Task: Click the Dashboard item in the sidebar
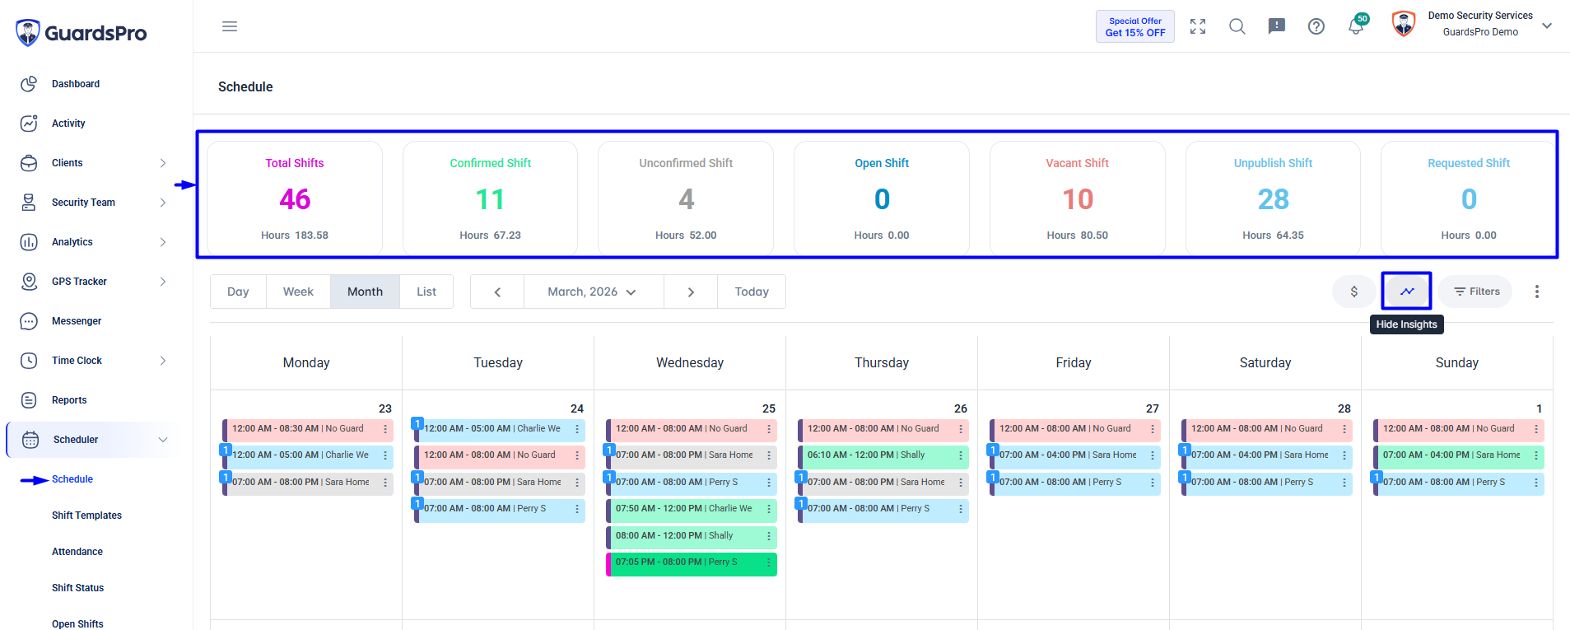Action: [x=75, y=84]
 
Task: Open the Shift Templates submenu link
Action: [x=86, y=516]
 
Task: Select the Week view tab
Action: [x=298, y=292]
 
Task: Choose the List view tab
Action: [x=426, y=292]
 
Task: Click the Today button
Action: [x=752, y=292]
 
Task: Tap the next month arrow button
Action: [x=691, y=292]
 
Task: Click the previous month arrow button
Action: [x=497, y=292]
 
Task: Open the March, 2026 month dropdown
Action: [x=593, y=292]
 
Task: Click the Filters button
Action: [x=1476, y=292]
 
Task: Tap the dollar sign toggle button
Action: [x=1354, y=292]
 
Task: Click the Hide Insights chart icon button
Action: [x=1407, y=291]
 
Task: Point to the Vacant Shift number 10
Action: [x=1077, y=199]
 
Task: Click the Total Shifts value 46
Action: [x=295, y=199]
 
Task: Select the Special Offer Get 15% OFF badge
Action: [x=1135, y=26]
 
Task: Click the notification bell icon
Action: [x=1356, y=26]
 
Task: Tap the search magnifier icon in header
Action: [x=1237, y=26]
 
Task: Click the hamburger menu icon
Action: [x=230, y=26]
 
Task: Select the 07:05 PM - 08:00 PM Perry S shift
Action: [x=692, y=562]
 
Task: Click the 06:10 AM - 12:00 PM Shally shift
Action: [x=883, y=455]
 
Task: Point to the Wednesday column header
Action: [x=690, y=362]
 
